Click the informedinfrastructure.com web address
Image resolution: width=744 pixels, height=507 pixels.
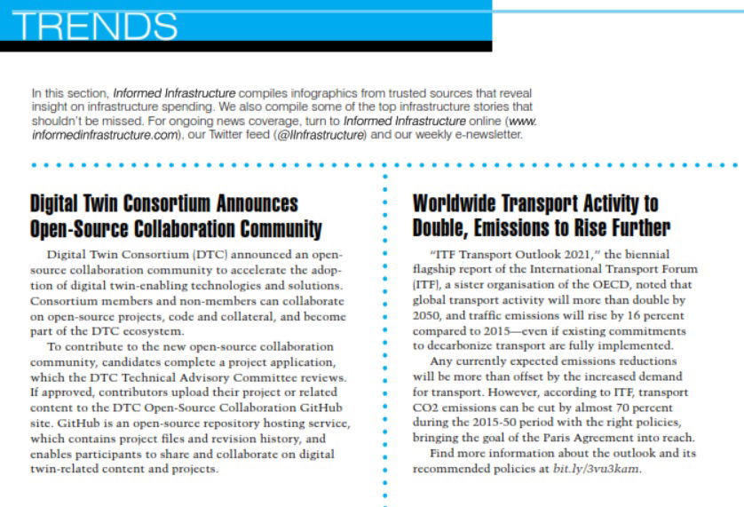tap(104, 135)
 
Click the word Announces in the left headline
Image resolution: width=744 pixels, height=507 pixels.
tap(249, 205)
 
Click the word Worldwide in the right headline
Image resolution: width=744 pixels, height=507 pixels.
tap(467, 203)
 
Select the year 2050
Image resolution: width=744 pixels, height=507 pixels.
tap(428, 315)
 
